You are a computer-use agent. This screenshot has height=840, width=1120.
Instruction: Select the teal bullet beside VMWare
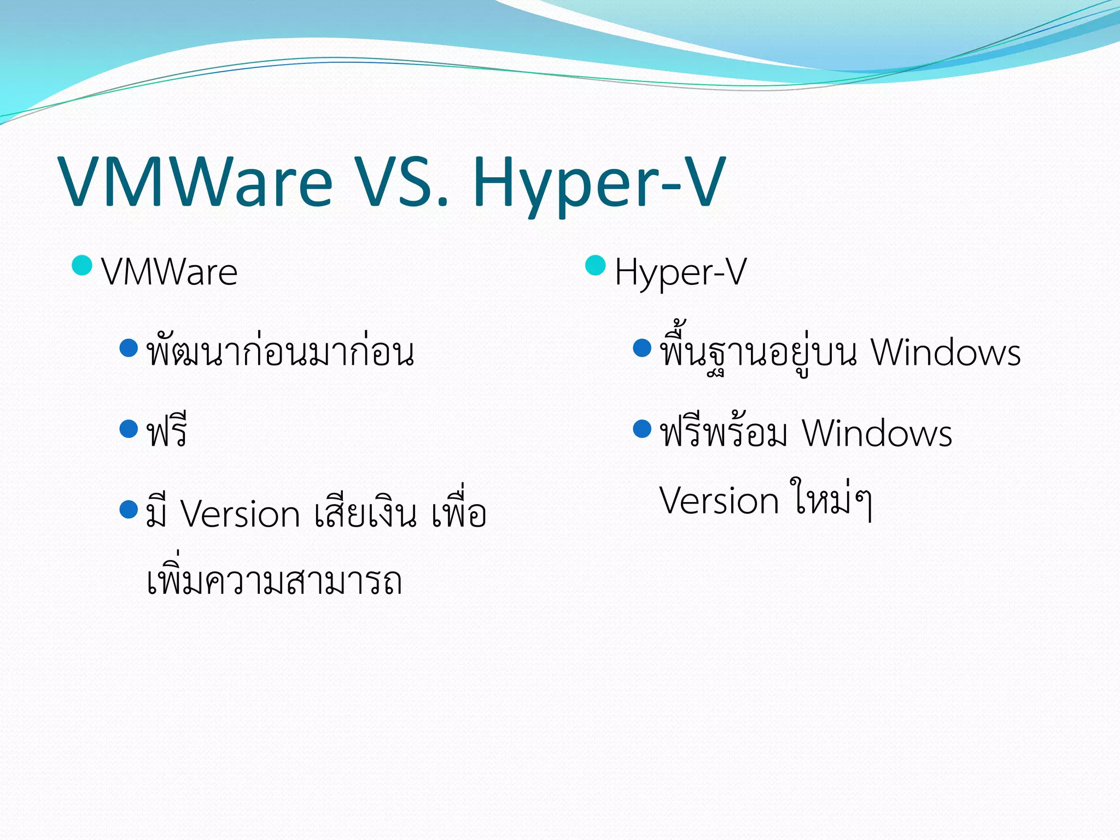[x=82, y=266]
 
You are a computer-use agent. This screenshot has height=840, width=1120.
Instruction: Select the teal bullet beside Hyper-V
[x=595, y=266]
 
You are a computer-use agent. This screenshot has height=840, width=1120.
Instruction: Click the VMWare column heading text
[x=170, y=272]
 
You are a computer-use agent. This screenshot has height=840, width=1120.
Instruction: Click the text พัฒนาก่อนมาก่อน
[x=280, y=353]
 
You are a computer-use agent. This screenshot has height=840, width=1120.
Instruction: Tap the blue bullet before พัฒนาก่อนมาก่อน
[x=129, y=348]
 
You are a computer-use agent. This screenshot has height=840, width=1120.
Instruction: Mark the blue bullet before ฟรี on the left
[x=129, y=429]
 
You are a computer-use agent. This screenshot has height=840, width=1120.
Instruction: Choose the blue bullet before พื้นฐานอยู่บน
[x=642, y=348]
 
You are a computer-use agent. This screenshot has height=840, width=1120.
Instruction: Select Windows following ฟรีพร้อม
[x=877, y=434]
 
